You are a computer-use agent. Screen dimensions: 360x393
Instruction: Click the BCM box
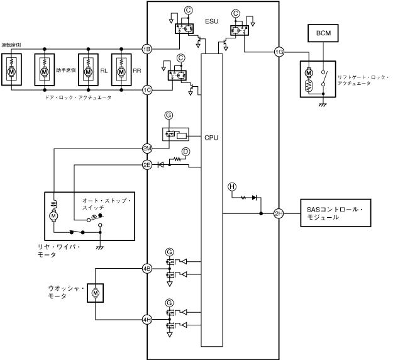coord(323,32)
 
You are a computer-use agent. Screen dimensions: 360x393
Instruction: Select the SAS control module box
coord(331,213)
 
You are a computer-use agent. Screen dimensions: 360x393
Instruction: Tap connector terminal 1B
coord(147,48)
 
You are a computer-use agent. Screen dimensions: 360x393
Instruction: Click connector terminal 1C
coord(147,90)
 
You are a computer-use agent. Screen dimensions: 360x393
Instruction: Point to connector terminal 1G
coord(279,52)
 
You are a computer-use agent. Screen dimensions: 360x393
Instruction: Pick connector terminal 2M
coord(147,149)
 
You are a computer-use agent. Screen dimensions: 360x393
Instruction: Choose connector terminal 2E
coord(147,164)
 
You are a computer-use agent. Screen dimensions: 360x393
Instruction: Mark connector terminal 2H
coord(279,214)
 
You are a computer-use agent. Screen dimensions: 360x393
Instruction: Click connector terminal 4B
coord(147,268)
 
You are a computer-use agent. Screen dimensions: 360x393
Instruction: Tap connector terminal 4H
coord(147,320)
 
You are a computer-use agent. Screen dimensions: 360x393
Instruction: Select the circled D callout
coord(185,152)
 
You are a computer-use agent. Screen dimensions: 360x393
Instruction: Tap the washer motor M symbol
coord(95,293)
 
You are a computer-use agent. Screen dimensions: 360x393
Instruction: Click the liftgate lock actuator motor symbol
coord(309,72)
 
